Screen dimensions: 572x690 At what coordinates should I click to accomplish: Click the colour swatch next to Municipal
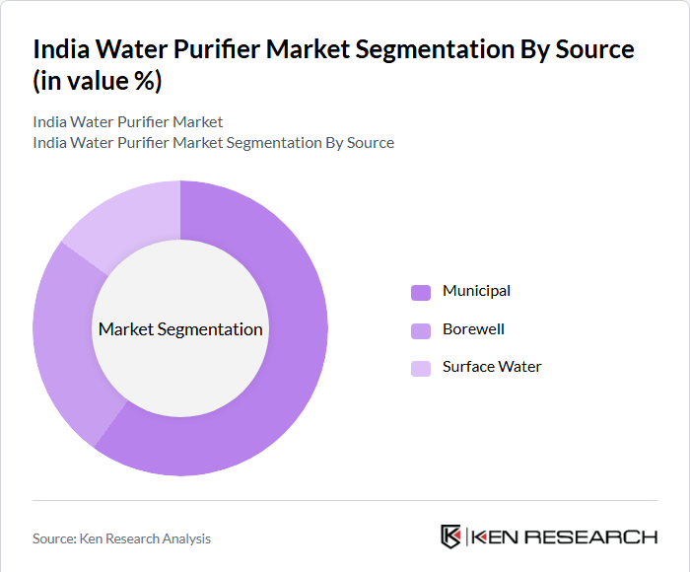coord(421,292)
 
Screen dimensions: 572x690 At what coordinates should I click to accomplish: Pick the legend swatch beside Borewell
coord(421,329)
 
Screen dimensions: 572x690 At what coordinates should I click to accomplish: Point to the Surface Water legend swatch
coord(421,368)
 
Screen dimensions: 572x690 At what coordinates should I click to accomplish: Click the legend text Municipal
coord(476,291)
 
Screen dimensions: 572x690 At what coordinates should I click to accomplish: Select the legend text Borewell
coord(473,328)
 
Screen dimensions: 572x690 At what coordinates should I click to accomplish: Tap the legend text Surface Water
coord(492,367)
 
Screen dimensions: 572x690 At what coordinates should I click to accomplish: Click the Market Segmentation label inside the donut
coord(180,329)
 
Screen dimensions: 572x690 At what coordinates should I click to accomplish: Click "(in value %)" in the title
coord(97,82)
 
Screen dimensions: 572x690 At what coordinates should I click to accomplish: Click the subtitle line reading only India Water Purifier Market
coord(128,122)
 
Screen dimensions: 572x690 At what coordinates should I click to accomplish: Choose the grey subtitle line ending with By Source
coord(213,143)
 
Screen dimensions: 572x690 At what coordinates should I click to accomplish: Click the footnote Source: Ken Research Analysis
coord(121,538)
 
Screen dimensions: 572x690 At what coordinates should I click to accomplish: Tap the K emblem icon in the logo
coord(451,536)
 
